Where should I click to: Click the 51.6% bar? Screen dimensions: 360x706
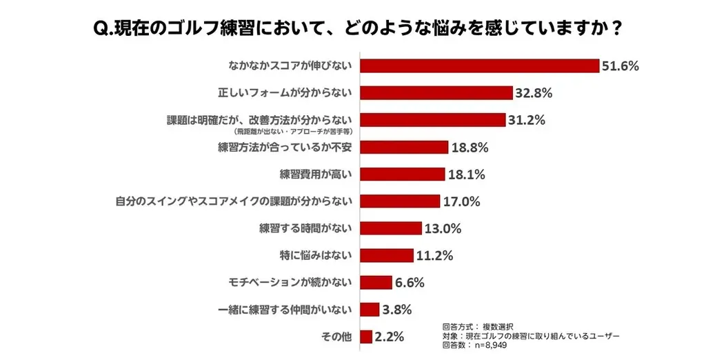click(479, 66)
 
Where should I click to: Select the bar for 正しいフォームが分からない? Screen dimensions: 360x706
click(436, 93)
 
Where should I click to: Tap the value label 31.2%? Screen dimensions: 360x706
click(527, 120)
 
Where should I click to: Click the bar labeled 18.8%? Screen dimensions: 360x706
click(405, 147)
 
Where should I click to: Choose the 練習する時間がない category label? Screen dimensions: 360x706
click(306, 228)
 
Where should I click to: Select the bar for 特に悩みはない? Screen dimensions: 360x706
click(387, 255)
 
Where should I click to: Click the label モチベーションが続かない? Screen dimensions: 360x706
click(290, 282)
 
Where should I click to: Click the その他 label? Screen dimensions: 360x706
click(336, 337)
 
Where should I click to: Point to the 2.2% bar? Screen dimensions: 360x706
click(366, 337)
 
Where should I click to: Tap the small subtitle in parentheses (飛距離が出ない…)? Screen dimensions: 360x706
click(293, 130)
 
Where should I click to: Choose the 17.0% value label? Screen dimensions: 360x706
click(461, 201)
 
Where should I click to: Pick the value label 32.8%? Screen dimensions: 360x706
click(534, 93)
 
